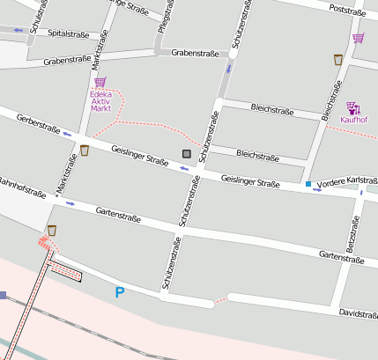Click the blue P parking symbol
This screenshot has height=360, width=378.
pyautogui.click(x=120, y=292)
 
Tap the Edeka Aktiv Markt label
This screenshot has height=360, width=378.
pyautogui.click(x=100, y=102)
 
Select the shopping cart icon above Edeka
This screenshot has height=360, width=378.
pyautogui.click(x=100, y=82)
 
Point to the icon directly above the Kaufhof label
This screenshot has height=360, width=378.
pyautogui.click(x=352, y=107)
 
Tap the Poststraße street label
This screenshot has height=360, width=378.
pyautogui.click(x=346, y=11)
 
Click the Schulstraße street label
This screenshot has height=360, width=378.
pyautogui.click(x=37, y=17)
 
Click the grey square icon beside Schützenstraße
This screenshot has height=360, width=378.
pyautogui.click(x=186, y=154)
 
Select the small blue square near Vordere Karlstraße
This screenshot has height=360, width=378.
pyautogui.click(x=308, y=184)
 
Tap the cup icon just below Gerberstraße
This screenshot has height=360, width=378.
pyautogui.click(x=84, y=150)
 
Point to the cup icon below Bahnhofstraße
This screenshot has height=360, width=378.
pyautogui.click(x=52, y=230)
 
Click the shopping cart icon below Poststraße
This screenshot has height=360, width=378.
pyautogui.click(x=358, y=38)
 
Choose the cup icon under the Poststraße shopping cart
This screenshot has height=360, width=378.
pyautogui.click(x=337, y=59)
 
